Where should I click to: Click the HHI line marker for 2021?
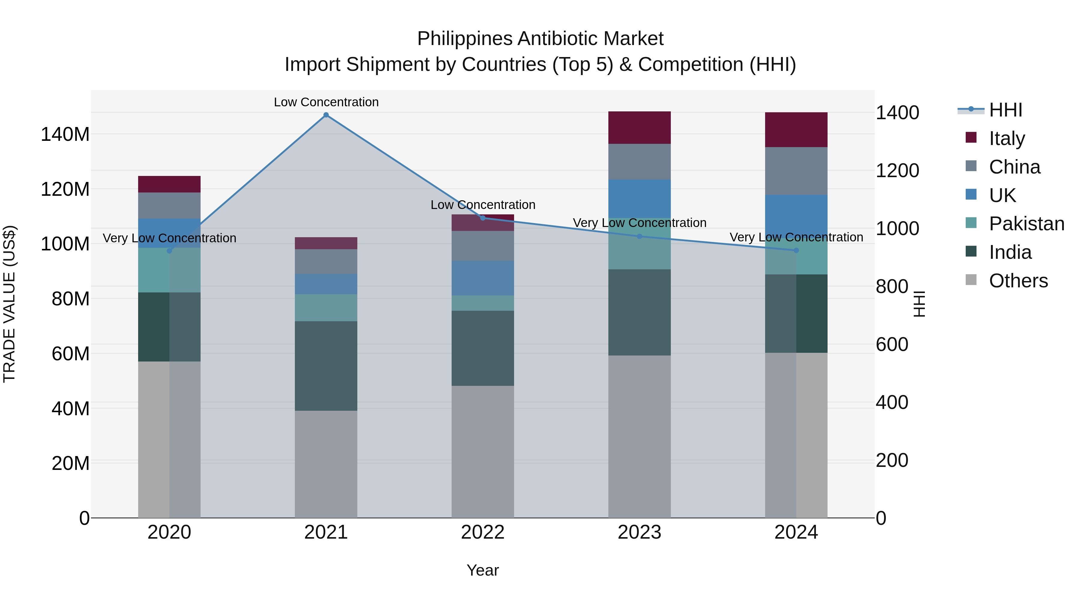point(326,115)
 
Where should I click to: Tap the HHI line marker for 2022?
point(483,218)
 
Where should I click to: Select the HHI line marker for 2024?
point(796,250)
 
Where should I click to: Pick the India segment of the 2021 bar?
point(326,366)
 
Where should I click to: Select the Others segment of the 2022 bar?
point(483,452)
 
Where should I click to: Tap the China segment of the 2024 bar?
point(796,171)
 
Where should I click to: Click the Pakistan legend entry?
point(1026,224)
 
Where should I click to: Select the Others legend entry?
point(1018,281)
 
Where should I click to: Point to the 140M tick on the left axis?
point(65,134)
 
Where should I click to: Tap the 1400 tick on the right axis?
point(897,113)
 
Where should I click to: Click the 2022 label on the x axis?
point(483,532)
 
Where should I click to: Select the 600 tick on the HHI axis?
point(892,344)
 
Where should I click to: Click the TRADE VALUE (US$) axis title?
point(9,304)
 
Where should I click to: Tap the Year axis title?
point(483,570)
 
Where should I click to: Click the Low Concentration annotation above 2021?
point(326,102)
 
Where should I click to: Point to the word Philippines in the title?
point(465,39)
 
